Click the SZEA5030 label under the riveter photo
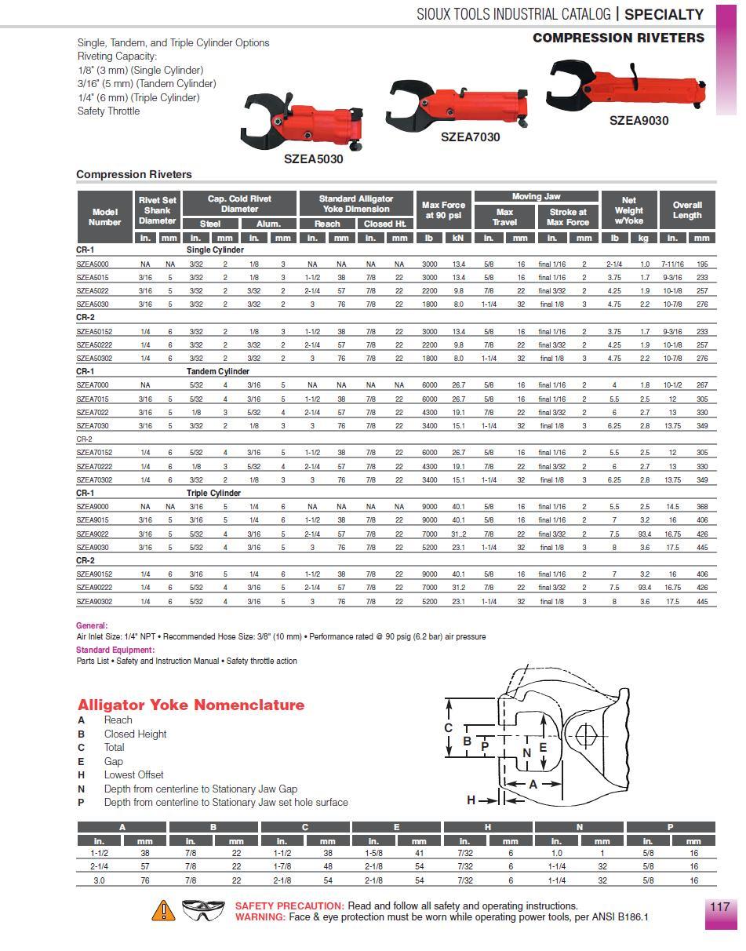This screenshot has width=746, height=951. click(313, 158)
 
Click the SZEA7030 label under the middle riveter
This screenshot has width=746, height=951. click(470, 137)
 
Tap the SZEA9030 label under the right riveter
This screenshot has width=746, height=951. click(639, 120)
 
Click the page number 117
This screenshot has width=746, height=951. click(719, 906)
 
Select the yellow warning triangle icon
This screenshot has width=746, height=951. click(163, 910)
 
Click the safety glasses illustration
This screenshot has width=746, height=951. click(203, 910)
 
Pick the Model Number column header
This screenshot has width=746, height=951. click(104, 217)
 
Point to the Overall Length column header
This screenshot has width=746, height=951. click(687, 210)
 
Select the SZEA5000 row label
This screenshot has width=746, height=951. click(93, 264)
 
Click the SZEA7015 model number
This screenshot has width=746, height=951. click(93, 399)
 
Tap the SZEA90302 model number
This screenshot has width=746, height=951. click(95, 602)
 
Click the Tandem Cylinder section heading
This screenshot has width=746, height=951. click(218, 372)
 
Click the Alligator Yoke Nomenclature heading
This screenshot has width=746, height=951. click(191, 705)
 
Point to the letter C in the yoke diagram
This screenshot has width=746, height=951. click(449, 728)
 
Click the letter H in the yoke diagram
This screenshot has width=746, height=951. click(471, 800)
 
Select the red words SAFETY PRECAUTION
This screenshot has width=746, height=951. click(289, 905)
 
